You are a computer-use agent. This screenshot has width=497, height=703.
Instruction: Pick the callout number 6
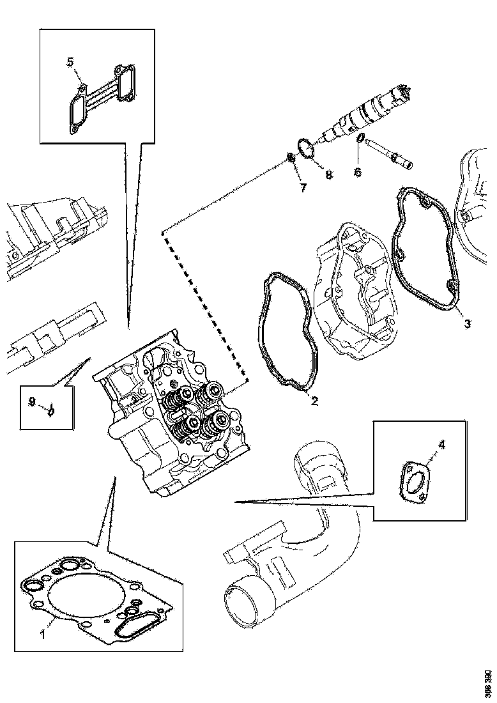coord(358,172)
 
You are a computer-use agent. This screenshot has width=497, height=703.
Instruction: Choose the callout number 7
coord(303,187)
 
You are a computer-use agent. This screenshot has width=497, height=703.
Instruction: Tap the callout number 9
coord(31,402)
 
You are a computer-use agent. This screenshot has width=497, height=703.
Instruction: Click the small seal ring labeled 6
coord(360,139)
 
